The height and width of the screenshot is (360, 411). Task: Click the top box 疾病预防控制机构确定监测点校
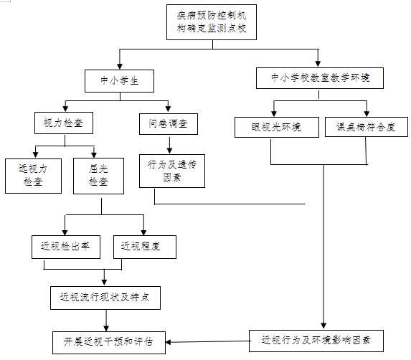[x=212, y=22]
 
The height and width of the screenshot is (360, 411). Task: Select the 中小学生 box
[x=119, y=81]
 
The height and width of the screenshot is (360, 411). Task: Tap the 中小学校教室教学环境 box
[x=320, y=78]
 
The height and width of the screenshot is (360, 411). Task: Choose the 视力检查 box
[x=64, y=123]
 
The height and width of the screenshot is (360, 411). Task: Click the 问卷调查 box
[x=169, y=124]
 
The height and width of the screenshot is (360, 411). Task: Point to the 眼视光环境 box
[x=277, y=127]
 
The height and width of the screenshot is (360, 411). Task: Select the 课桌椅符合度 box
[x=367, y=127]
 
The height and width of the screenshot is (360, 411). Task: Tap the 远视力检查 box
[x=33, y=176]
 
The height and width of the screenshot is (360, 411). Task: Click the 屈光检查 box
[x=98, y=176]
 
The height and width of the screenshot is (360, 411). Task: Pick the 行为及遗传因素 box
[x=172, y=171]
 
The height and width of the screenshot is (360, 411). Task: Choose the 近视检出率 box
[x=66, y=247]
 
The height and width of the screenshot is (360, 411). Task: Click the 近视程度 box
[x=145, y=247]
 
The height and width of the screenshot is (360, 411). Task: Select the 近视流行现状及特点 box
[x=105, y=298]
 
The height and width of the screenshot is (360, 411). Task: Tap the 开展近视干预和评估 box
[x=109, y=343]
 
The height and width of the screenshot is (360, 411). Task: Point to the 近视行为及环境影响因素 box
[x=316, y=341]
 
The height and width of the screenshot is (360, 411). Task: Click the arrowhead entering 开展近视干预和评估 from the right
[x=169, y=342]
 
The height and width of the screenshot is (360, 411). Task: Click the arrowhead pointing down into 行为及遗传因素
[x=169, y=151]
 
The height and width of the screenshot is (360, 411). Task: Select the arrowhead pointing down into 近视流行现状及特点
[x=104, y=282]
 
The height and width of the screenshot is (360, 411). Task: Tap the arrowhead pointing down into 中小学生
[x=120, y=66]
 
